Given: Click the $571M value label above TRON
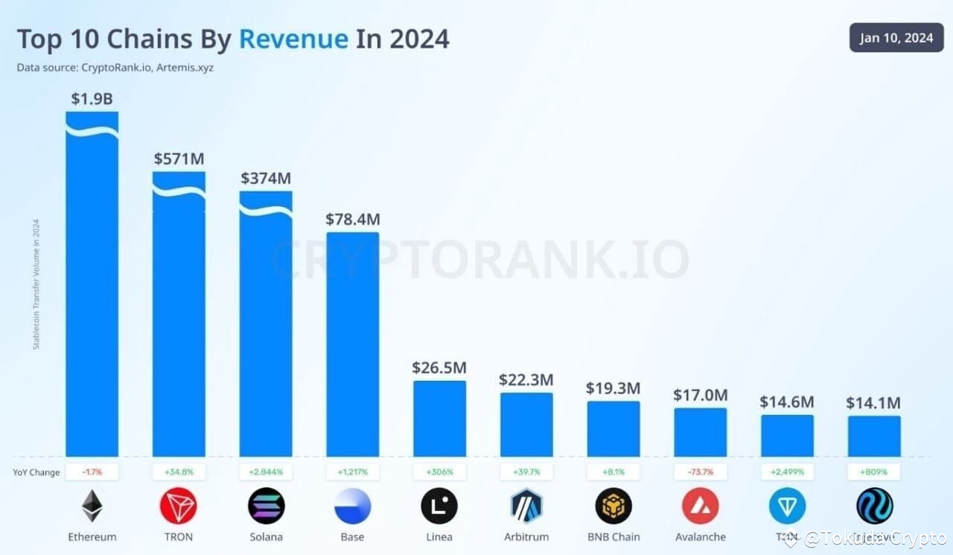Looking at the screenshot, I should coord(179,159).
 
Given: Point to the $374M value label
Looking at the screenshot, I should coord(266,179).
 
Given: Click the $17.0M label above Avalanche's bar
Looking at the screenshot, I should coord(700,395).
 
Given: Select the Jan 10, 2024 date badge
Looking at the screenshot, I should coord(896,38).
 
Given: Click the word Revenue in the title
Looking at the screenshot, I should coord(293,39).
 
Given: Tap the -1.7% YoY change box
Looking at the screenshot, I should coord(92,472).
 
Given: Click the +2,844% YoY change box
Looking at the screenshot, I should coord(266,472).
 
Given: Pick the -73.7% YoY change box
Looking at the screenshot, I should coord(700,472).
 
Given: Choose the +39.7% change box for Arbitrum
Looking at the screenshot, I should coord(526,472).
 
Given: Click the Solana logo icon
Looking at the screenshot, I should coord(266,507).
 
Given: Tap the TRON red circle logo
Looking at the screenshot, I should coord(179,507).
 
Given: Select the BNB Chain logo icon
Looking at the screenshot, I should coord(613,507).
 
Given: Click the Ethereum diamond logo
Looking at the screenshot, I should coord(92,507).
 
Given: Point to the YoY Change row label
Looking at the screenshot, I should coord(36,472).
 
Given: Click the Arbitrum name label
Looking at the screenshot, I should coord(526,537).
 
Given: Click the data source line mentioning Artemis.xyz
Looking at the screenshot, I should coord(116,68).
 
